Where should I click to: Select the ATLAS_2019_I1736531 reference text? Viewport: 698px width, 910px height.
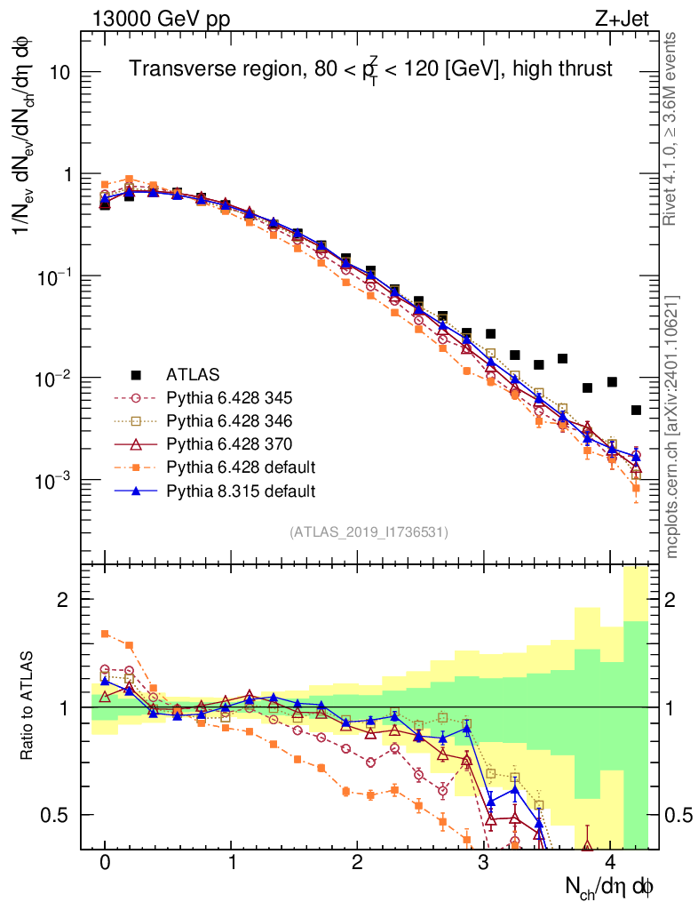369,532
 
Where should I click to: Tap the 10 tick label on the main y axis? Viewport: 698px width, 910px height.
59,73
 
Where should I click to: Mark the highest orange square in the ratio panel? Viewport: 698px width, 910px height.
105,634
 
